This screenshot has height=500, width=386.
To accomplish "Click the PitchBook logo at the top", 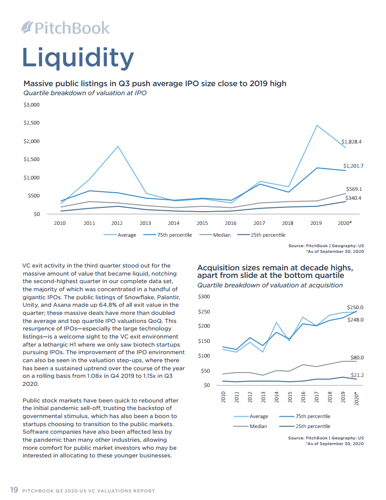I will tap(66, 28).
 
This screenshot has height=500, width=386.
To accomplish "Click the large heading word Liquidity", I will tap(78, 58).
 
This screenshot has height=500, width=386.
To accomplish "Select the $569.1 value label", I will tap(354, 188).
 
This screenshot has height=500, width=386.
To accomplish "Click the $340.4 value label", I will tap(353, 198).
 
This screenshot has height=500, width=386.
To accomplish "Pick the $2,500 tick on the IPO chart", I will tap(31, 123).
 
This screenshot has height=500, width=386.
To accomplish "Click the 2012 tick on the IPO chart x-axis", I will tap(117, 223).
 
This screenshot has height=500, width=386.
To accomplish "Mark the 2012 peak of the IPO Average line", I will tap(118, 146).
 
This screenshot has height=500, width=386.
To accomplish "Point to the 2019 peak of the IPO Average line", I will tap(317, 125).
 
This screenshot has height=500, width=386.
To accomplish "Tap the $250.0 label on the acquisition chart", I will tap(355, 307).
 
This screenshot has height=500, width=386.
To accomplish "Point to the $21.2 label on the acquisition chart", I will tap(357, 375).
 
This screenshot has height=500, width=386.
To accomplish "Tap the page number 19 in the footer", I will tap(14, 490).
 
